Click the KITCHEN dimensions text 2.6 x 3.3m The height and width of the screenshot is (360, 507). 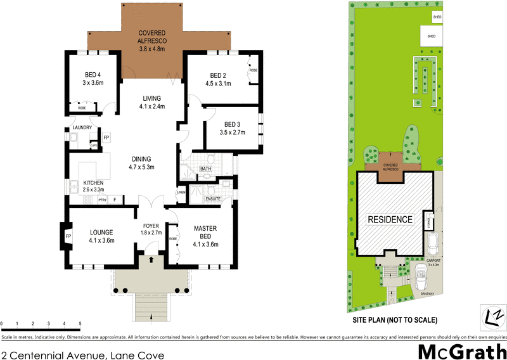[88, 190]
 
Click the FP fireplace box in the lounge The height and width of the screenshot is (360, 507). [68, 238]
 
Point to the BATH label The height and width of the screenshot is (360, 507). [205, 169]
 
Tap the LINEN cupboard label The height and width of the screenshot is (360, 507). [181, 192]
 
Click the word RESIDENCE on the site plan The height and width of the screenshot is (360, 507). [390, 220]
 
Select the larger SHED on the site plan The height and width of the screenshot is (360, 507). [432, 36]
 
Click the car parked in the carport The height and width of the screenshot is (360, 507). [433, 243]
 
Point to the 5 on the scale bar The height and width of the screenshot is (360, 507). [80, 324]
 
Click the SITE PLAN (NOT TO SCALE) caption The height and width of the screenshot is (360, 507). [395, 320]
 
